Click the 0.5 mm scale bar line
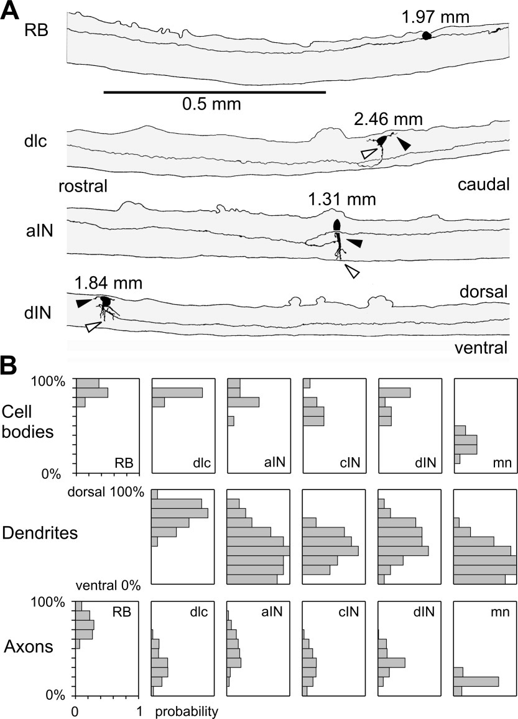click(215, 93)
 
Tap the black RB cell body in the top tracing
click(427, 36)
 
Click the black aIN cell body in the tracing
click(337, 224)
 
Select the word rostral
click(83, 186)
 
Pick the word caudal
click(483, 185)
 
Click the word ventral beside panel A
click(483, 346)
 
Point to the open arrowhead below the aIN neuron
click(352, 271)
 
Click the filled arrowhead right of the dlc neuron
click(404, 144)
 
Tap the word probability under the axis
click(187, 711)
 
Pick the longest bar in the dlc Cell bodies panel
click(177, 393)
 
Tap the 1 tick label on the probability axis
click(140, 710)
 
